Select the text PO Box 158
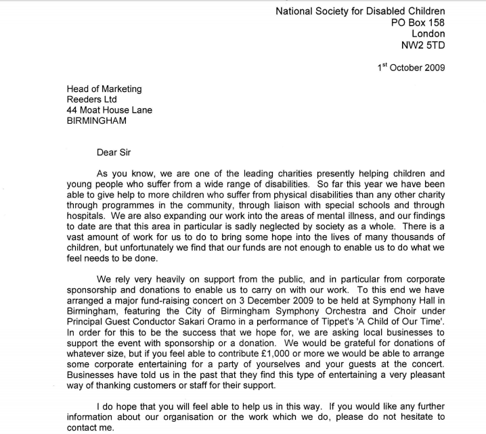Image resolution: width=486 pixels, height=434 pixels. click(418, 22)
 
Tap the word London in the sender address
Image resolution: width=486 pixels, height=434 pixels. click(428, 34)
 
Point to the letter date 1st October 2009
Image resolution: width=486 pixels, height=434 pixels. click(412, 68)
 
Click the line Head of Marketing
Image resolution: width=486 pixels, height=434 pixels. click(104, 88)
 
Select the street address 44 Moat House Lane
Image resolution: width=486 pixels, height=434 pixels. click(110, 110)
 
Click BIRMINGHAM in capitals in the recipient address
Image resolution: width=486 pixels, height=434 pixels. click(97, 121)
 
